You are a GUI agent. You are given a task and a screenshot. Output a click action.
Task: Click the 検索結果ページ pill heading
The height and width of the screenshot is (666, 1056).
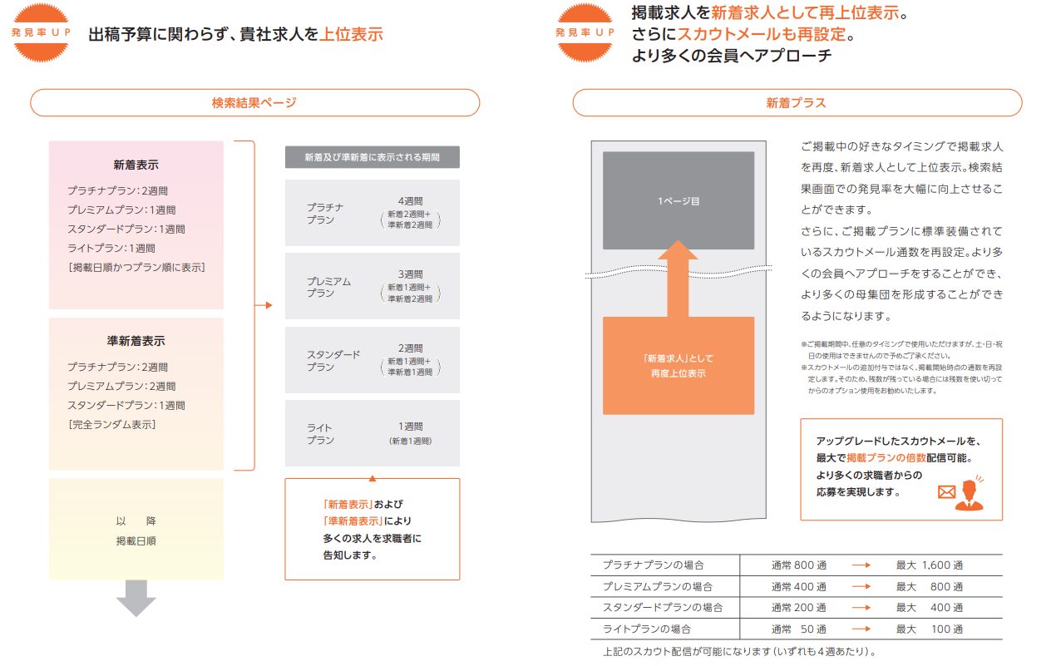click(x=254, y=102)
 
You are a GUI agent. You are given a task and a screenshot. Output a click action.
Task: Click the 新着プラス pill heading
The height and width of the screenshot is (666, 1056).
click(x=797, y=102)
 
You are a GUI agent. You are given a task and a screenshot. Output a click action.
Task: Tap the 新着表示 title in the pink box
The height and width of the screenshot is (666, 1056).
click(x=136, y=165)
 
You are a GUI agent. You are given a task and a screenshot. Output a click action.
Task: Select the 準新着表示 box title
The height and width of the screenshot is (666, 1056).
click(x=136, y=341)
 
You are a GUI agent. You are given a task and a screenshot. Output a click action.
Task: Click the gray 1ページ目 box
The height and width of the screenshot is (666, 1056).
click(x=679, y=200)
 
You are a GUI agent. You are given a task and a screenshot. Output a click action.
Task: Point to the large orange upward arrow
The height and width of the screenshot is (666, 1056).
click(x=678, y=278)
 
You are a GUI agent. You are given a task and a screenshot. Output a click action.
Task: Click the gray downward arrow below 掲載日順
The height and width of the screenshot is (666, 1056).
click(x=136, y=598)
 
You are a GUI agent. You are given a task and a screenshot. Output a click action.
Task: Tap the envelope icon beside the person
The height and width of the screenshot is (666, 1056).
click(x=946, y=492)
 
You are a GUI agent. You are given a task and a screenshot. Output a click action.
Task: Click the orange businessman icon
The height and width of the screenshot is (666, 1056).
click(x=970, y=495)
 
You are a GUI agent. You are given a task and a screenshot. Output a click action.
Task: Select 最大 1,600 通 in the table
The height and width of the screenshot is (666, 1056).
click(x=929, y=565)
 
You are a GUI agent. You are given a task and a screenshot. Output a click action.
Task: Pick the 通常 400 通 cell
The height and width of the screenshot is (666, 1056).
click(x=798, y=587)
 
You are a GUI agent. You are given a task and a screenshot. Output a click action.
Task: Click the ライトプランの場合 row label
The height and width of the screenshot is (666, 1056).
click(x=647, y=629)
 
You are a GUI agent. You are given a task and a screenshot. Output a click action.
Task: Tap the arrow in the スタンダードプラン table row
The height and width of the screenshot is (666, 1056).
click(x=861, y=608)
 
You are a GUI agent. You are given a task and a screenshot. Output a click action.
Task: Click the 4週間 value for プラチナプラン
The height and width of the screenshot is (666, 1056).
click(x=410, y=200)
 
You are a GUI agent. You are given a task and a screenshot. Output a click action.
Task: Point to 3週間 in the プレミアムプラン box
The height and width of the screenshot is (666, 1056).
click(x=410, y=274)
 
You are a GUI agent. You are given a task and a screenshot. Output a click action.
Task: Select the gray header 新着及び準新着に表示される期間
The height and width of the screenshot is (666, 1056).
click(x=373, y=157)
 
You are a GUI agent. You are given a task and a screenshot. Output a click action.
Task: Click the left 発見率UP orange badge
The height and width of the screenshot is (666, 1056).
click(x=42, y=32)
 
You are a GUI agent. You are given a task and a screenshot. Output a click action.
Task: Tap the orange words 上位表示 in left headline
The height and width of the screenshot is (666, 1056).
click(x=351, y=34)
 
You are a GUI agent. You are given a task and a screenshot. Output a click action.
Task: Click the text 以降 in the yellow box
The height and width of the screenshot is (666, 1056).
click(x=136, y=520)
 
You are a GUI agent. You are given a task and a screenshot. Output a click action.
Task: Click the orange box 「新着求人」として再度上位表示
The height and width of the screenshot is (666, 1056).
click(x=679, y=366)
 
